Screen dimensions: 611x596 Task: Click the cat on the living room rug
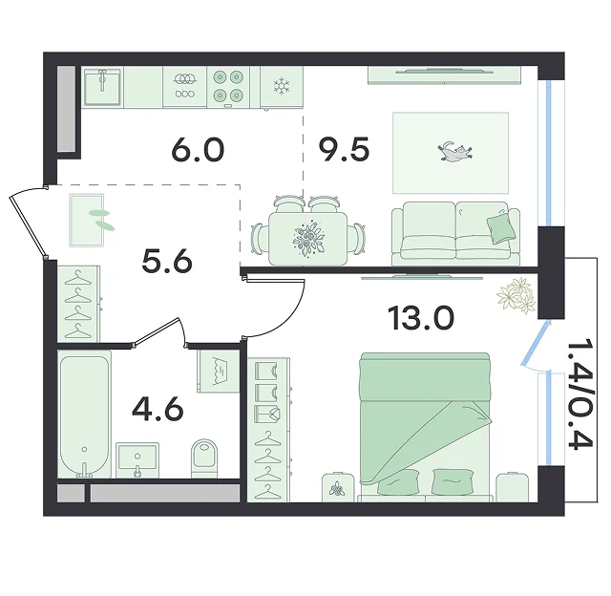tap(456, 152)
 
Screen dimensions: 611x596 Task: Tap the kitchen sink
tap(102, 87)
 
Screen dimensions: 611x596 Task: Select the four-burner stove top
tap(228, 86)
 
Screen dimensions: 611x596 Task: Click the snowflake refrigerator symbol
tap(280, 86)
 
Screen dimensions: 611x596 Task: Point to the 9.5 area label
tap(344, 150)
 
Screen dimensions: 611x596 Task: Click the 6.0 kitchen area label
tap(198, 150)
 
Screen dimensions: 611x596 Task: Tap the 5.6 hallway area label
tap(167, 261)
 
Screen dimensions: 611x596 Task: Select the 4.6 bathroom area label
tap(158, 410)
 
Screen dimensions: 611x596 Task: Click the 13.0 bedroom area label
tap(421, 318)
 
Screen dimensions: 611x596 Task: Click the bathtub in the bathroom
tap(85, 414)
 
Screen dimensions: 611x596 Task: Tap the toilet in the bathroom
tap(204, 458)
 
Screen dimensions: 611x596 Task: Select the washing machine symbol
tap(219, 372)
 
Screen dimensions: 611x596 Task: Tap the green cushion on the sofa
tap(501, 229)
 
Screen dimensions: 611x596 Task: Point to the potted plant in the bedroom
tap(516, 295)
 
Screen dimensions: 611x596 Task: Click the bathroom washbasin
tap(137, 460)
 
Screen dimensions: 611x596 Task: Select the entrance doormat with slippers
tap(87, 221)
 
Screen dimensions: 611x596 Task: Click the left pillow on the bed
tap(398, 481)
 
